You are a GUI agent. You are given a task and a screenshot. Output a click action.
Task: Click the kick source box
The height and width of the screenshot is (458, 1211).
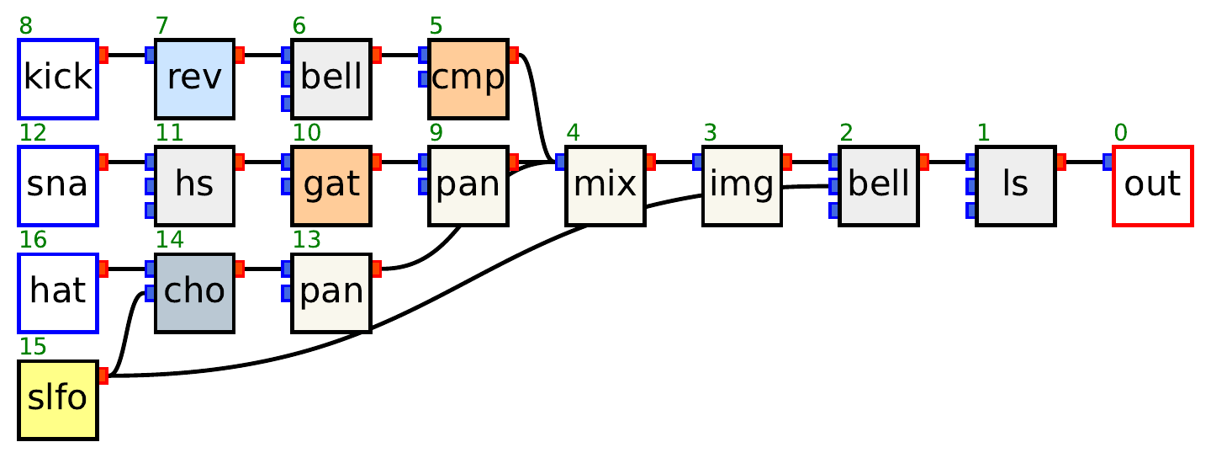[x=58, y=78]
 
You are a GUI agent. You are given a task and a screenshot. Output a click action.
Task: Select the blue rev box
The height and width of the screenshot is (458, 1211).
[x=194, y=78]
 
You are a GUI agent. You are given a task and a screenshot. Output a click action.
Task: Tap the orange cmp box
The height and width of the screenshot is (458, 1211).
[x=468, y=78]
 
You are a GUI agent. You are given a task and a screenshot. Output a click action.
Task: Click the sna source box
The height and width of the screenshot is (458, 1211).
[x=58, y=185]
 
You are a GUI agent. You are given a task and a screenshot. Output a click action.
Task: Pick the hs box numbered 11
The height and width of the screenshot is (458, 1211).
[x=194, y=185]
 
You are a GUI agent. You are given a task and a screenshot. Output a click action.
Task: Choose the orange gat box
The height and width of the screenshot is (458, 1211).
[x=331, y=185]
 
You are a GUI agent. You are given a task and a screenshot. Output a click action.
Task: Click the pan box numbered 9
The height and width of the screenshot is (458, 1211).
[x=468, y=185]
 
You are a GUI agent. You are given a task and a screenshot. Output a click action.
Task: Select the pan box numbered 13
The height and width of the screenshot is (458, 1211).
[x=331, y=292]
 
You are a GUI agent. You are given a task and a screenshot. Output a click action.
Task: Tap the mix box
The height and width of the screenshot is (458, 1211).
[x=605, y=185]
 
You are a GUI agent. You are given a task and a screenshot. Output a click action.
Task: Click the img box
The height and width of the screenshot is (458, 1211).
[x=742, y=185]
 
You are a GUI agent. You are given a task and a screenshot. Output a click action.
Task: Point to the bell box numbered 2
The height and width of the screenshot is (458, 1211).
[x=879, y=185]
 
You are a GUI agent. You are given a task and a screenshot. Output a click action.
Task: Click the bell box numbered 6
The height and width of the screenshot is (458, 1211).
[x=331, y=78]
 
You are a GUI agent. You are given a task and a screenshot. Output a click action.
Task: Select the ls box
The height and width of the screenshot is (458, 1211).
[x=1016, y=185]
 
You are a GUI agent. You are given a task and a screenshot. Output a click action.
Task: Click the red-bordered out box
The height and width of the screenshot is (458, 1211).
[x=1153, y=185]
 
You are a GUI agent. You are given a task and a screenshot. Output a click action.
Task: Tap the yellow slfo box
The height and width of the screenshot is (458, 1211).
[x=58, y=399]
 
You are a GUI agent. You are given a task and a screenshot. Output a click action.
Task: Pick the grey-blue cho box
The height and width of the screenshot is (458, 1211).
[x=194, y=292]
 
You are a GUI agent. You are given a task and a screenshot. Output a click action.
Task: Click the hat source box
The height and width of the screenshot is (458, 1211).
[x=58, y=292]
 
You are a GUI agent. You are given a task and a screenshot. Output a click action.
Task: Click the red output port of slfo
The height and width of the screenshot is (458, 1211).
[x=103, y=375]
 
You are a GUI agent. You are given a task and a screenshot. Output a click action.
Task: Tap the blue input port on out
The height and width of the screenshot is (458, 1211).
[x=1108, y=162]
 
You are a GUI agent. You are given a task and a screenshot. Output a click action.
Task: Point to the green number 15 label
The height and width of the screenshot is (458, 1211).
[x=33, y=347]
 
